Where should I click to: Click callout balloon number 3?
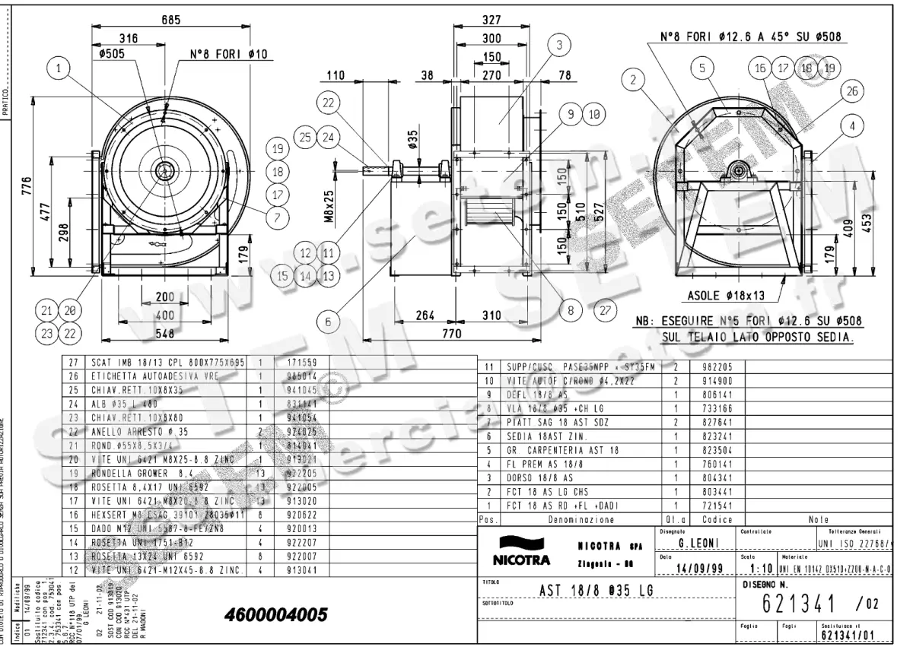[559, 46]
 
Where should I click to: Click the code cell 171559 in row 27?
[300, 363]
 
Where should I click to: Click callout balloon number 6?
[328, 322]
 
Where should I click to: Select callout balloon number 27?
[605, 310]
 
